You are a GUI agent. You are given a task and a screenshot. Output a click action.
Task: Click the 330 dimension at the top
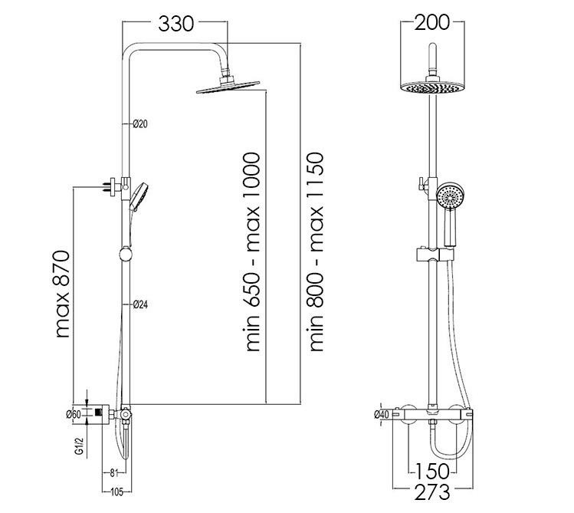pyautogui.click(x=175, y=25)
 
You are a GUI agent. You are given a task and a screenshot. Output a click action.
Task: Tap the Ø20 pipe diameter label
pyautogui.click(x=139, y=123)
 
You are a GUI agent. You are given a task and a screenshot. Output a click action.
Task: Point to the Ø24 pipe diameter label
pyautogui.click(x=139, y=304)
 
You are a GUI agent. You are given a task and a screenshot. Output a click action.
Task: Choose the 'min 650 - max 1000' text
pyautogui.click(x=254, y=254)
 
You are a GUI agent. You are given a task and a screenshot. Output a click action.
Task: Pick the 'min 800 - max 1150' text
pyautogui.click(x=317, y=254)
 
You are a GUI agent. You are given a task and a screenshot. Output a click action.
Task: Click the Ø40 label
pyautogui.click(x=382, y=415)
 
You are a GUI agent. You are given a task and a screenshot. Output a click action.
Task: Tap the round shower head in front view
pyautogui.click(x=433, y=87)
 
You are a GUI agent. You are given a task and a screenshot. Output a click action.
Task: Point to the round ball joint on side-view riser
pyautogui.click(x=126, y=255)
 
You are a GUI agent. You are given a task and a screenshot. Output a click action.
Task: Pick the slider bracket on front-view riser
pyautogui.click(x=433, y=255)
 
